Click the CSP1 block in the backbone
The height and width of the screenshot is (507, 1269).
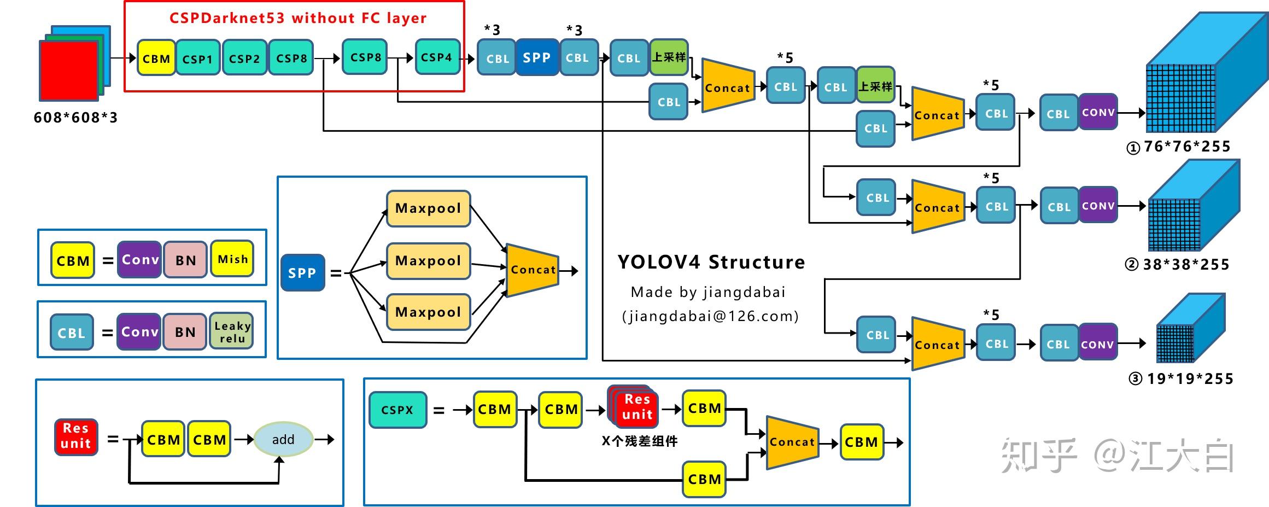(198, 58)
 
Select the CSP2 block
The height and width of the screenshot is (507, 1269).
(244, 58)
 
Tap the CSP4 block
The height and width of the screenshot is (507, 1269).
(437, 57)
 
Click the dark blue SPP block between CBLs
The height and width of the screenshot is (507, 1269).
(536, 57)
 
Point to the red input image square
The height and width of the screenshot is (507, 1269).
(69, 71)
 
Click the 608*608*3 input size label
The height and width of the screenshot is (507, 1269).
(75, 118)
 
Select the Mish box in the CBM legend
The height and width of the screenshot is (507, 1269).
(233, 259)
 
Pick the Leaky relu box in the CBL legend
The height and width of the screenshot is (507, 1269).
(232, 331)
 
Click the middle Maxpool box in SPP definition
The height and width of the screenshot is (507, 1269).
(428, 261)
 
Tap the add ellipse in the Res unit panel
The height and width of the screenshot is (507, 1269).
(283, 439)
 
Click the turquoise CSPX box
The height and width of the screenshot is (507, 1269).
(397, 410)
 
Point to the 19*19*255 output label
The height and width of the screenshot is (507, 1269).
(1190, 378)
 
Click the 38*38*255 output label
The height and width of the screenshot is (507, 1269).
(1185, 265)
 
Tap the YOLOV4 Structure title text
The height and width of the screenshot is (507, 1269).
(711, 263)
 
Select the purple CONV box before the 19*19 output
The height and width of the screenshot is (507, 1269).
(1098, 344)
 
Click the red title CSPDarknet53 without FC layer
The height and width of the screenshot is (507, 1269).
(298, 18)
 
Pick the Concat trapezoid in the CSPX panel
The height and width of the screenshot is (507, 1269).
(792, 442)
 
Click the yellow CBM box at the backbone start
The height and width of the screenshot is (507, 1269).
(156, 58)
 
